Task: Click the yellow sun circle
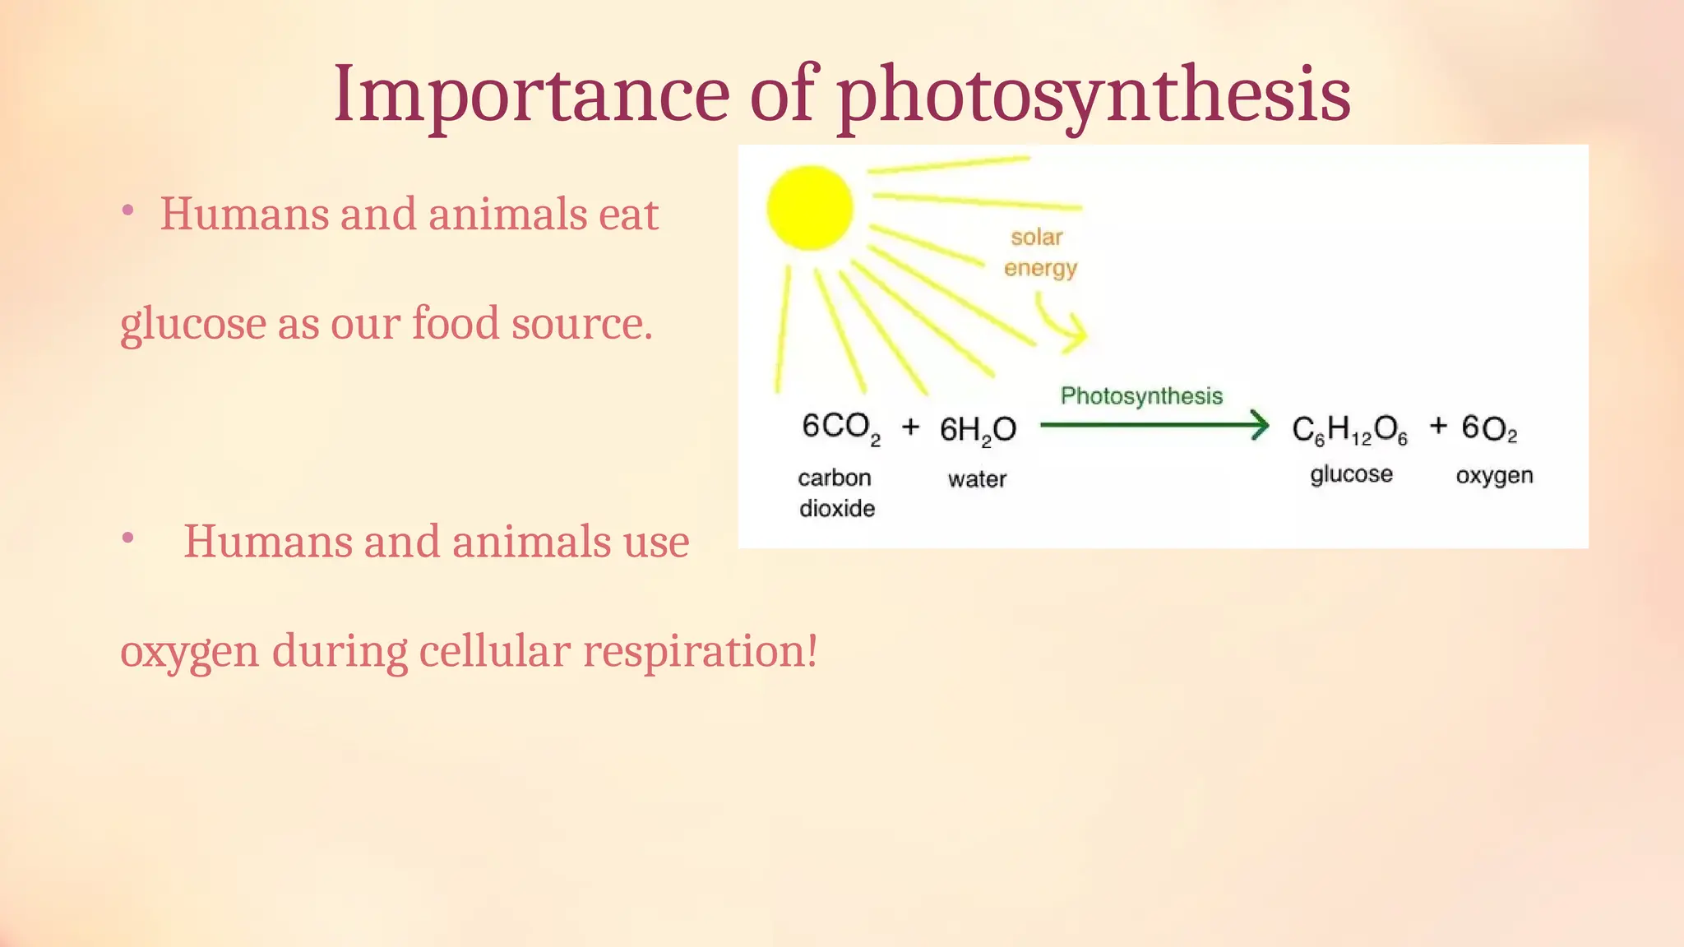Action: coord(810,208)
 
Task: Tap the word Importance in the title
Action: coord(530,94)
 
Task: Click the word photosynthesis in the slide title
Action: coord(1094,97)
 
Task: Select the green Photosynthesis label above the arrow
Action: coord(1141,395)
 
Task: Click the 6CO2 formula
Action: coord(840,428)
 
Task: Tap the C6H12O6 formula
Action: coord(1349,430)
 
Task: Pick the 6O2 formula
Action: coord(1489,428)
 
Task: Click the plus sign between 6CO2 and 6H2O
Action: coord(910,427)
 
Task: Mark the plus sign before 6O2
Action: coord(1438,426)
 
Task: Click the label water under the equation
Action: coord(977,479)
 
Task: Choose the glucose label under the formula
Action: coord(1351,475)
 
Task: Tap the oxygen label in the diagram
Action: coord(1494,476)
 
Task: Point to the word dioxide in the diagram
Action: coord(837,509)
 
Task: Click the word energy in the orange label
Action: coord(1040,269)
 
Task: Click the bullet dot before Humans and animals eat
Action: coord(127,211)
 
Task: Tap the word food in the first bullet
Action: coord(456,323)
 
